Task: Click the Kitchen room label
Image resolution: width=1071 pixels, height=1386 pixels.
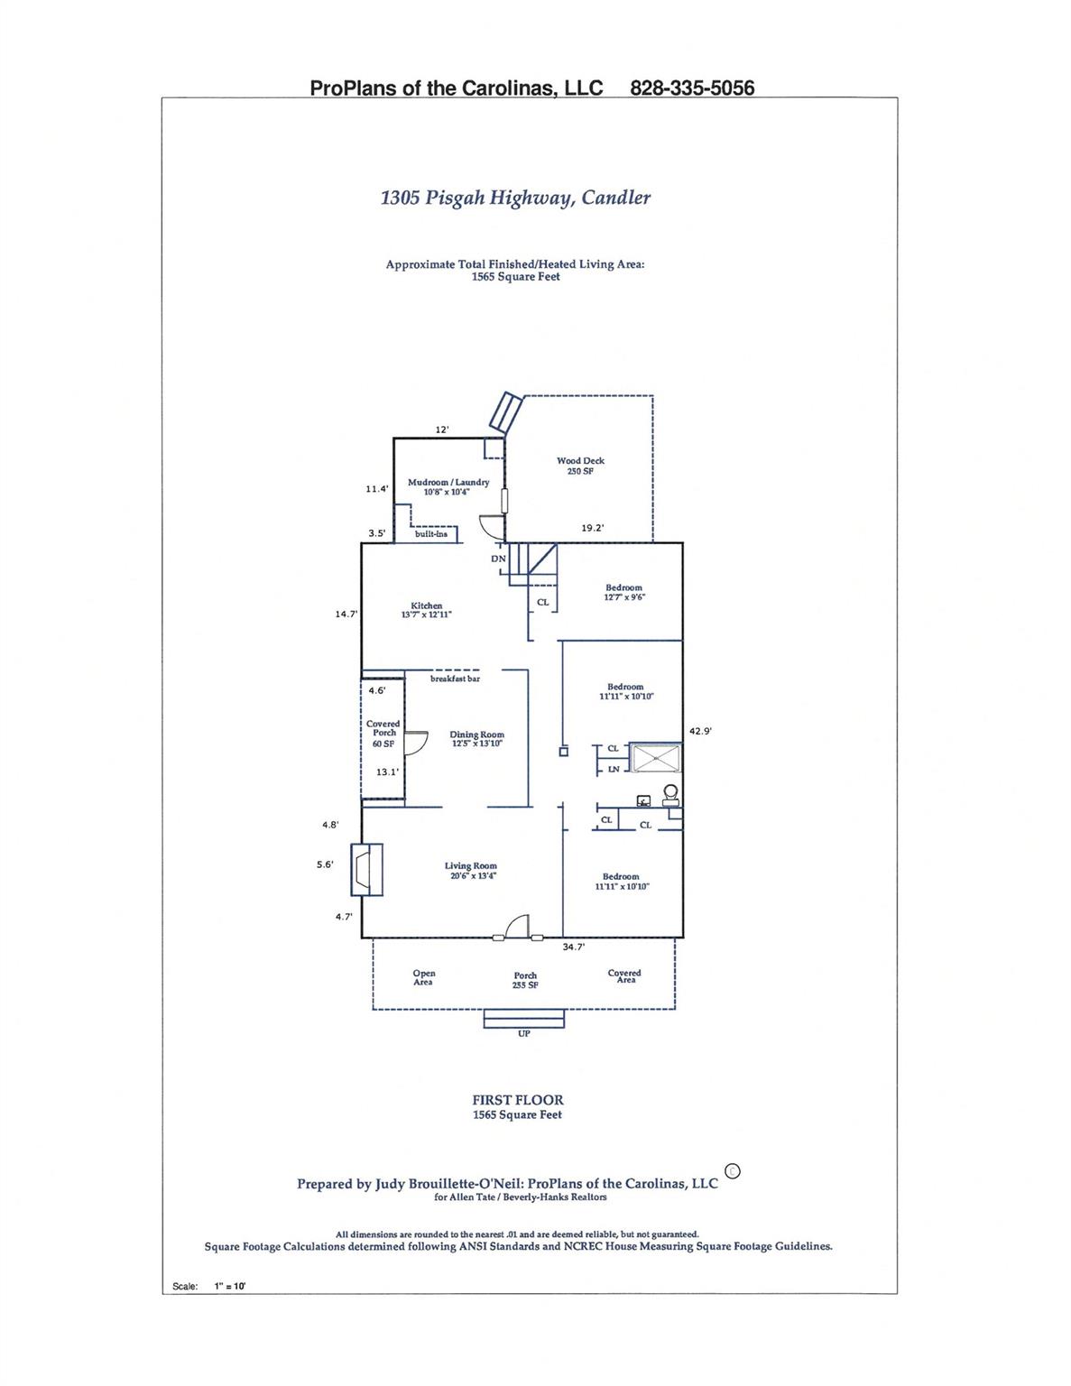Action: click(x=427, y=610)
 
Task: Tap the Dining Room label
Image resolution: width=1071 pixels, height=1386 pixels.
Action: click(x=476, y=739)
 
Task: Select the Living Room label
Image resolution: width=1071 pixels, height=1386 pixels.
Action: click(x=470, y=871)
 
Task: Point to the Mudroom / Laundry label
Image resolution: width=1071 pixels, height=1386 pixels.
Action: click(x=448, y=486)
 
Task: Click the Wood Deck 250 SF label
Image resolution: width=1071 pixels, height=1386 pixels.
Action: click(x=580, y=466)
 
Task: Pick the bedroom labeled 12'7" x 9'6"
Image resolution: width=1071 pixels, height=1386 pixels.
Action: click(x=624, y=593)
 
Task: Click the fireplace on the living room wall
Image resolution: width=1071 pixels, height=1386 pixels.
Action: click(x=366, y=869)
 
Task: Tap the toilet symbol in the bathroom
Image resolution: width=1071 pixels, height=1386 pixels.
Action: click(x=670, y=794)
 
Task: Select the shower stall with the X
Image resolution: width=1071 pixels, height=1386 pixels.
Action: click(x=656, y=757)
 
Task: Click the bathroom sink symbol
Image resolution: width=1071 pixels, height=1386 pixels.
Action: click(x=644, y=800)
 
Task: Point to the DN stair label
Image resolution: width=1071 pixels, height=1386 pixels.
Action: click(x=498, y=559)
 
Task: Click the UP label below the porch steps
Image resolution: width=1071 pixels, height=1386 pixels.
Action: click(x=524, y=1033)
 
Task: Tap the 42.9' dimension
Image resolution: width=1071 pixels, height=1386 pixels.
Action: click(x=700, y=731)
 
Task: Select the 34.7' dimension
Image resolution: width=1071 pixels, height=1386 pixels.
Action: click(x=573, y=947)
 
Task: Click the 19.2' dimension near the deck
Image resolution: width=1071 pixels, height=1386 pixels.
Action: click(x=592, y=528)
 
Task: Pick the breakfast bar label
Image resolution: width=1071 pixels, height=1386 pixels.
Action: click(x=455, y=679)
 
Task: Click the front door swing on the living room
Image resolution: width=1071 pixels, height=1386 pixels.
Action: click(x=518, y=926)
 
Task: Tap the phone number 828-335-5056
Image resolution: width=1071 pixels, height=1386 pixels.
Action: click(x=692, y=88)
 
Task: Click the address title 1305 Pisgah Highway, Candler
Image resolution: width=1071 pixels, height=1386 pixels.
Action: click(x=515, y=198)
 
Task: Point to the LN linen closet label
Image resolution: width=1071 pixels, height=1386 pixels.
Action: click(x=614, y=769)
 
